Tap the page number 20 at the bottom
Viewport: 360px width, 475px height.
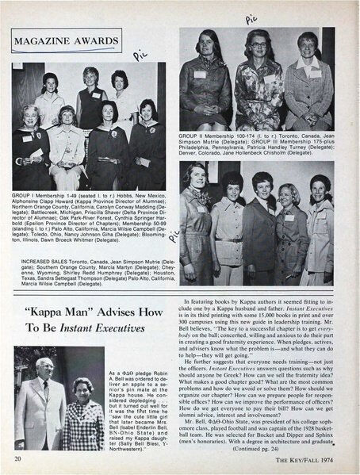coord(17,459)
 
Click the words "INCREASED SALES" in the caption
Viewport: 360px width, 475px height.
coord(36,258)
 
